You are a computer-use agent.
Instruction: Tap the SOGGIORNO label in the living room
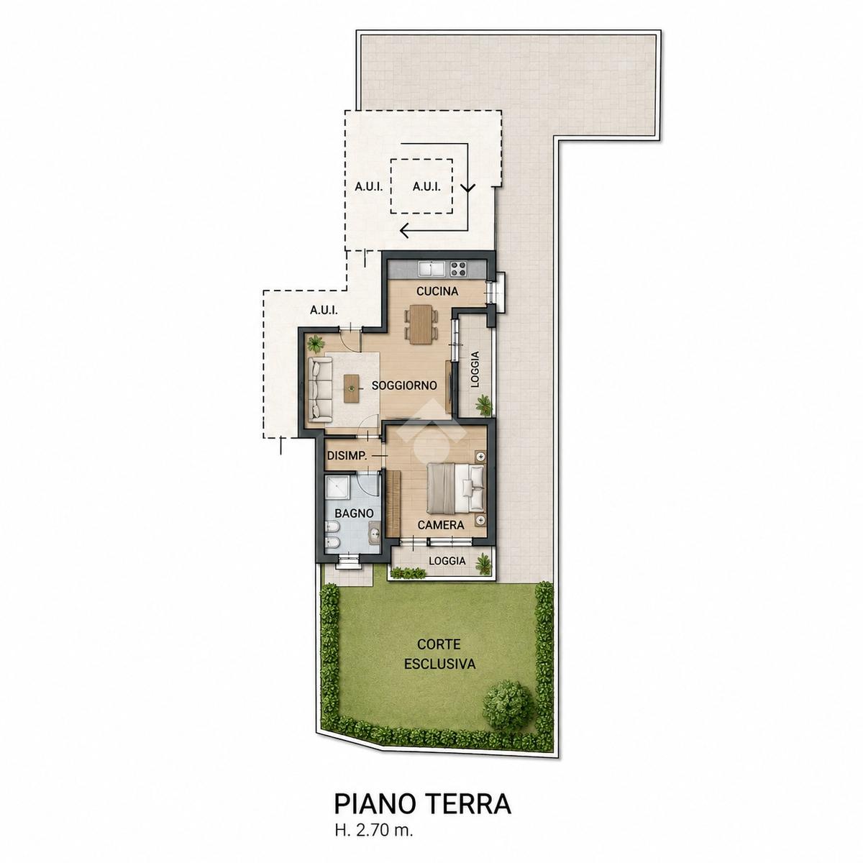pyautogui.click(x=404, y=385)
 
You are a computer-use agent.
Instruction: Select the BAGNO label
pyautogui.click(x=355, y=513)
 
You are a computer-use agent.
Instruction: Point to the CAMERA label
pyautogui.click(x=441, y=525)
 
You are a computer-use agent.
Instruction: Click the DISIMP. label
pyautogui.click(x=347, y=457)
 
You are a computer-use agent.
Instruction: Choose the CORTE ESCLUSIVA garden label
pyautogui.click(x=439, y=654)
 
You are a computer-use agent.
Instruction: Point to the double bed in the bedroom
pyautogui.click(x=456, y=488)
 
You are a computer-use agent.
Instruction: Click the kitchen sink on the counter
pyautogui.click(x=431, y=269)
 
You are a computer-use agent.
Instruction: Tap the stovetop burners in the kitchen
pyautogui.click(x=458, y=269)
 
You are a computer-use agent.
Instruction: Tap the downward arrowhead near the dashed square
pyautogui.click(x=468, y=188)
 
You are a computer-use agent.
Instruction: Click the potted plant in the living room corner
pyautogui.click(x=317, y=344)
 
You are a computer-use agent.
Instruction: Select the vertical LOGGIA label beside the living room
pyautogui.click(x=475, y=369)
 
